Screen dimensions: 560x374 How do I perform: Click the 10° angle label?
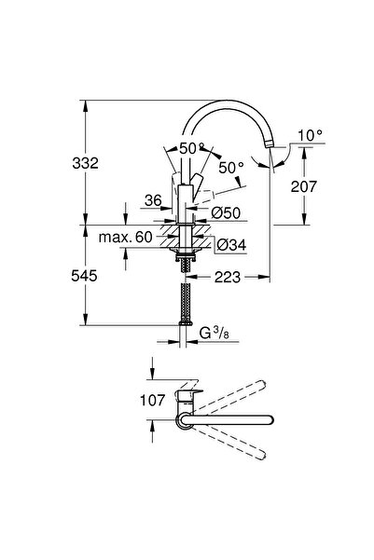310,136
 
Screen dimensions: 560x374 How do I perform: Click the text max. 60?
127,238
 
